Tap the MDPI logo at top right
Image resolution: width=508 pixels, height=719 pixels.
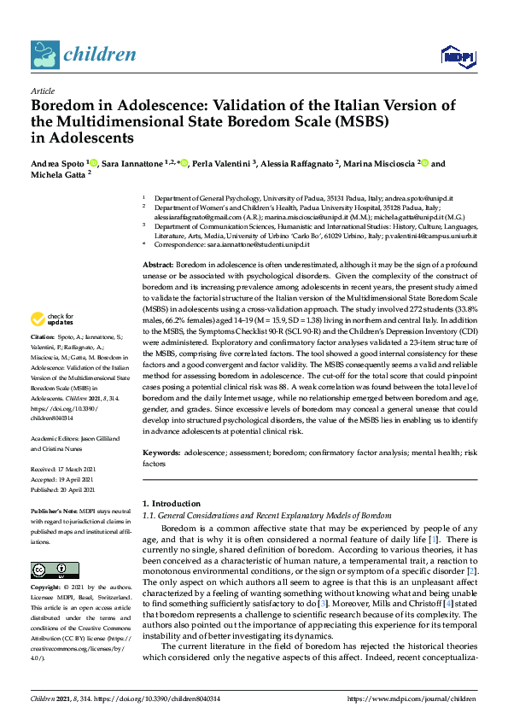458,56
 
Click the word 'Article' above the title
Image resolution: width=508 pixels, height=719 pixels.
43,90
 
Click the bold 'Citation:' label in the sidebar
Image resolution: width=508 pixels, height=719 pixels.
44,360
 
